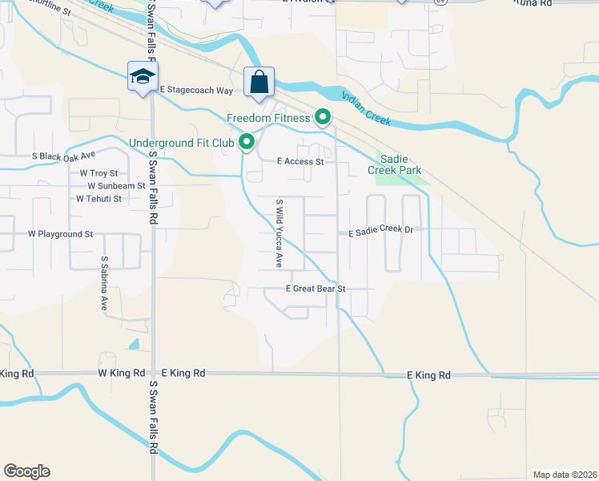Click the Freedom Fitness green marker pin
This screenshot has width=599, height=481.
click(323, 118)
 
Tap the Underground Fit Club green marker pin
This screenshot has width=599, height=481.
click(247, 143)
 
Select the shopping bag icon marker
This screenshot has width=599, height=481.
click(259, 82)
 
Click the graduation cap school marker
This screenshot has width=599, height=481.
click(143, 77)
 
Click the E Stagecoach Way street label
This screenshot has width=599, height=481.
click(197, 91)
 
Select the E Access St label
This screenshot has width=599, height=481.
click(299, 161)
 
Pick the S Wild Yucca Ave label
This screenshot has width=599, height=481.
click(279, 233)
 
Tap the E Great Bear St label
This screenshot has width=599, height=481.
click(316, 289)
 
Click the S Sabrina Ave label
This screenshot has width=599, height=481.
click(104, 284)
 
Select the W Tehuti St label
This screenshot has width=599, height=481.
click(98, 199)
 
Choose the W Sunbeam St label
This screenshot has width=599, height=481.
click(117, 186)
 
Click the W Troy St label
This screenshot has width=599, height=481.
click(98, 173)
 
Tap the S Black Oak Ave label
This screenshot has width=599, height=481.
click(63, 156)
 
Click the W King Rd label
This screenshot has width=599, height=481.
click(121, 374)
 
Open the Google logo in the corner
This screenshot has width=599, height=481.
click(26, 471)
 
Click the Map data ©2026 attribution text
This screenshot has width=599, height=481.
click(564, 475)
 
